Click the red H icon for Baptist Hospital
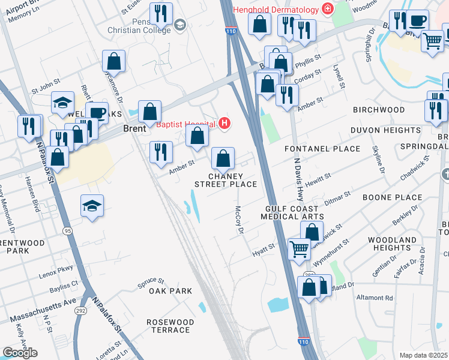pyautogui.click(x=224, y=124)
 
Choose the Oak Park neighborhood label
pyautogui.click(x=170, y=291)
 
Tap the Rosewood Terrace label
pyautogui.click(x=170, y=326)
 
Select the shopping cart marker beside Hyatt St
pyautogui.click(x=299, y=248)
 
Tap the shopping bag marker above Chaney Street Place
pyautogui.click(x=223, y=159)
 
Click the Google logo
pyautogui.click(x=20, y=353)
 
